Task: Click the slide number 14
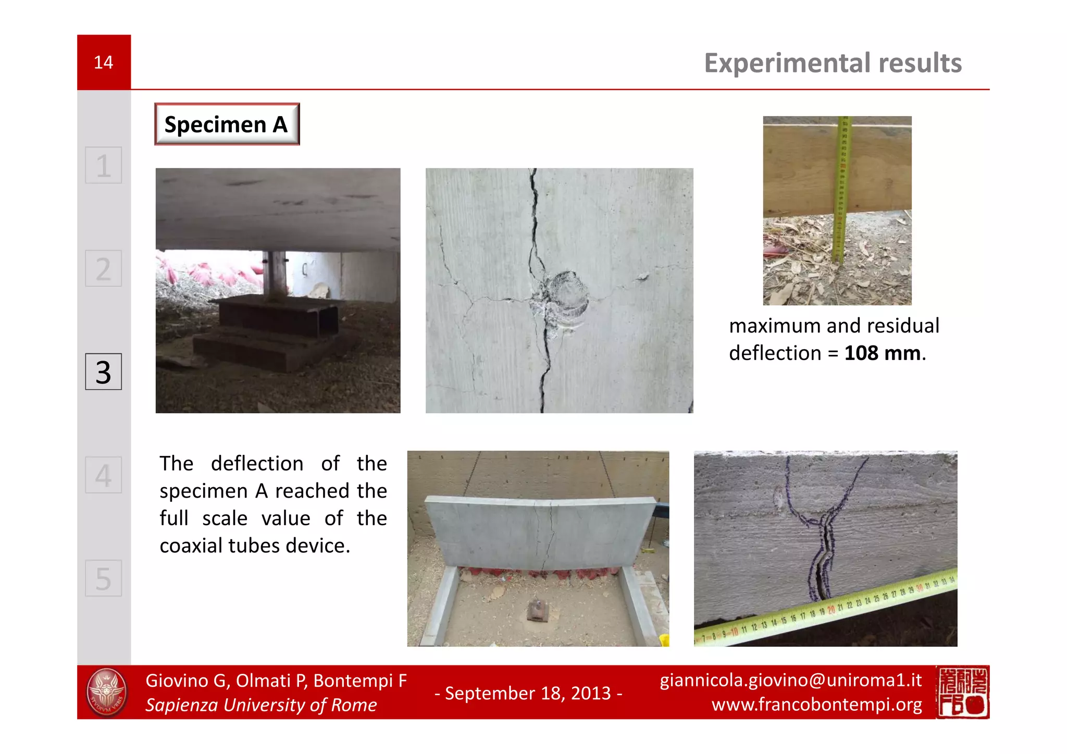103,63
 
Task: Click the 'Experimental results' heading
833,63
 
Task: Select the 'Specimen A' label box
227,125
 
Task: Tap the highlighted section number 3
103,372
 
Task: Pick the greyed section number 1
103,166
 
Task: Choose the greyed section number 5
103,578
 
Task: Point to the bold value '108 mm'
882,353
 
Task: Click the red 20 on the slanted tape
831,609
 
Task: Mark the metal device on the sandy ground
538,611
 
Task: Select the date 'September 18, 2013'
528,693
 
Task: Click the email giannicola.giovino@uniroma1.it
790,680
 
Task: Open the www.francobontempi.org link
816,704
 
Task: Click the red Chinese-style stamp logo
962,692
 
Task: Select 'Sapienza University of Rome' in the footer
260,705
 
